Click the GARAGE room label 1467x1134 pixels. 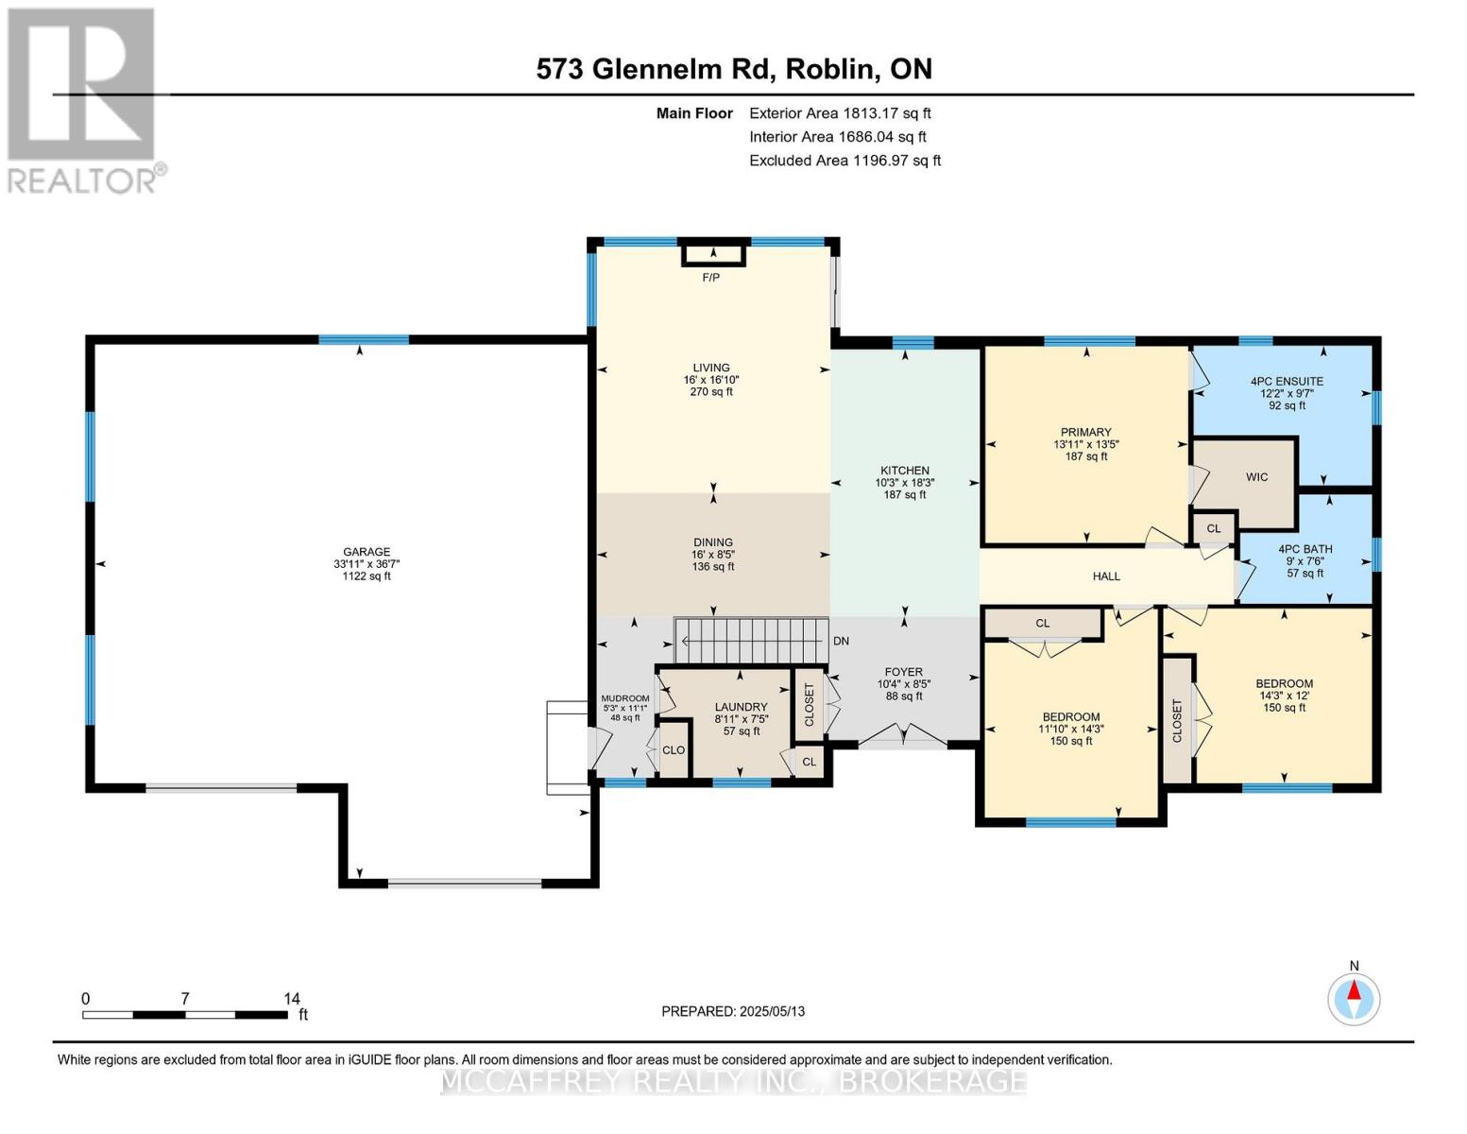[366, 552]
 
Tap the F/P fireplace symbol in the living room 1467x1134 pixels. [713, 254]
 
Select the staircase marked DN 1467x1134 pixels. [751, 641]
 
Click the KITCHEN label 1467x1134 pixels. [905, 470]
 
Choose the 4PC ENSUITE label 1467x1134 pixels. [1287, 381]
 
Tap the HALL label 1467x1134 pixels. [1106, 576]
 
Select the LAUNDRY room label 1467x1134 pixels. [742, 707]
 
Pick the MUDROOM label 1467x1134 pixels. [625, 698]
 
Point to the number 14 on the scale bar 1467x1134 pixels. [292, 998]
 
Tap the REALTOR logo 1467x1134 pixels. [83, 100]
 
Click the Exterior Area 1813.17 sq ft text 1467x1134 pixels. [840, 113]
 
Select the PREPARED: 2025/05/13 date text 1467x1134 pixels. [733, 1011]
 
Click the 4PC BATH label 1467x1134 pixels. [1305, 549]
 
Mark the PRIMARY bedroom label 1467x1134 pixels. [1085, 432]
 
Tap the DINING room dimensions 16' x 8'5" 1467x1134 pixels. [713, 555]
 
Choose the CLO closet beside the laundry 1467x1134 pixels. [674, 750]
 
